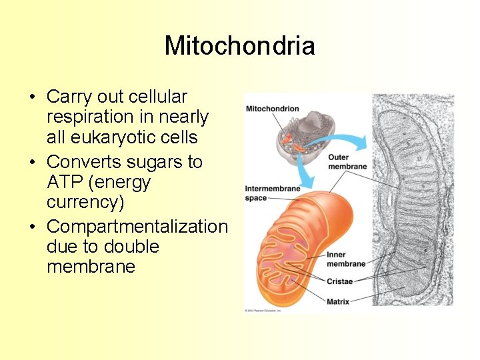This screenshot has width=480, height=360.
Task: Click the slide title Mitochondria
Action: tap(239, 46)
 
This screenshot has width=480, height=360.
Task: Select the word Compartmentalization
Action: tap(137, 226)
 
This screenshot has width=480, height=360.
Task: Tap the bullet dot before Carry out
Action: tap(32, 98)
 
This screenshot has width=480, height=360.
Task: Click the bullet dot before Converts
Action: tap(32, 163)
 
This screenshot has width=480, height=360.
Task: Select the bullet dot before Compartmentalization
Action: tap(32, 227)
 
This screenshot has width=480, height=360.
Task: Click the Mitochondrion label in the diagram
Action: tap(272, 109)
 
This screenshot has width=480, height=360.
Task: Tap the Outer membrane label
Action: tap(347, 162)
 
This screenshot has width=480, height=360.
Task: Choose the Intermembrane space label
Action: tap(272, 193)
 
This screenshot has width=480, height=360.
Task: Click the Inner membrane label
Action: tap(346, 259)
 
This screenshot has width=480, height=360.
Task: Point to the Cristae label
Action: tap(339, 281)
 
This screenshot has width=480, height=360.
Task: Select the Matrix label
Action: tap(338, 301)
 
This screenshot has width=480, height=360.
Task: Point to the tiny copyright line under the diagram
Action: tap(263, 310)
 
